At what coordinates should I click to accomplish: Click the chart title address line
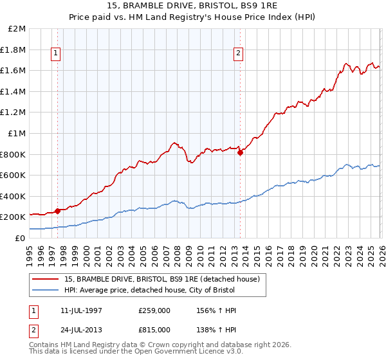click(193, 6)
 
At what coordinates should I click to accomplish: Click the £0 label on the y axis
click(21, 238)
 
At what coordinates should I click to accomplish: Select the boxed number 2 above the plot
click(239, 53)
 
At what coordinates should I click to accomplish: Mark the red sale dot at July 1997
click(57, 210)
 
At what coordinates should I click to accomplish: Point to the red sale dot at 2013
click(239, 152)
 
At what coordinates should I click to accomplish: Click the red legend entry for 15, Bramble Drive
click(161, 279)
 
